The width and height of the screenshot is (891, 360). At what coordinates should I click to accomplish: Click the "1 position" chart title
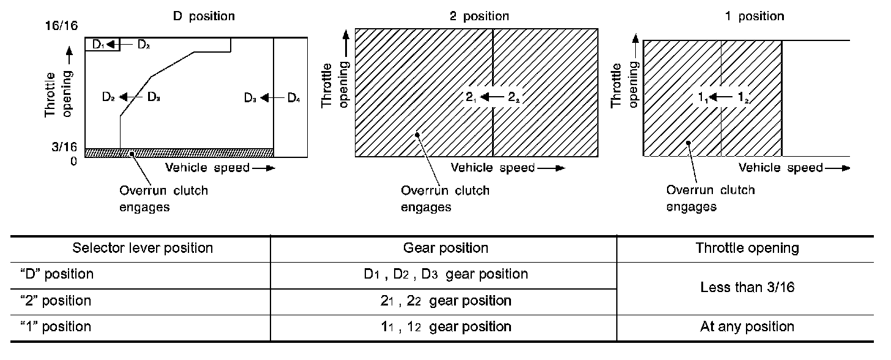click(x=754, y=17)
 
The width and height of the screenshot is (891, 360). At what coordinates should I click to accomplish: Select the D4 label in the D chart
click(x=294, y=97)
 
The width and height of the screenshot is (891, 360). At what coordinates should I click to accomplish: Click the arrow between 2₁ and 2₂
click(x=493, y=97)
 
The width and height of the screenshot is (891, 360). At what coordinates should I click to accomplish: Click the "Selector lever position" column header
click(x=143, y=248)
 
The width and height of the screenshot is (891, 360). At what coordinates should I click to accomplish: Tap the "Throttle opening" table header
click(x=747, y=248)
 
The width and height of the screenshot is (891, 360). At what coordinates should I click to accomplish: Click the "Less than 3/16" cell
click(x=747, y=287)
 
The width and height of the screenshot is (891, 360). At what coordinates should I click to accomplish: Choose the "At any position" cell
click(x=747, y=327)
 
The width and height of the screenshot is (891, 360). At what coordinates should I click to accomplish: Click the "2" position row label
click(x=55, y=301)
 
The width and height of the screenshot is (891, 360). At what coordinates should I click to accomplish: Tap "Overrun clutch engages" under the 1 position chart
click(x=710, y=198)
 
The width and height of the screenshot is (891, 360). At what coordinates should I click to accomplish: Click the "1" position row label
click(x=55, y=327)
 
